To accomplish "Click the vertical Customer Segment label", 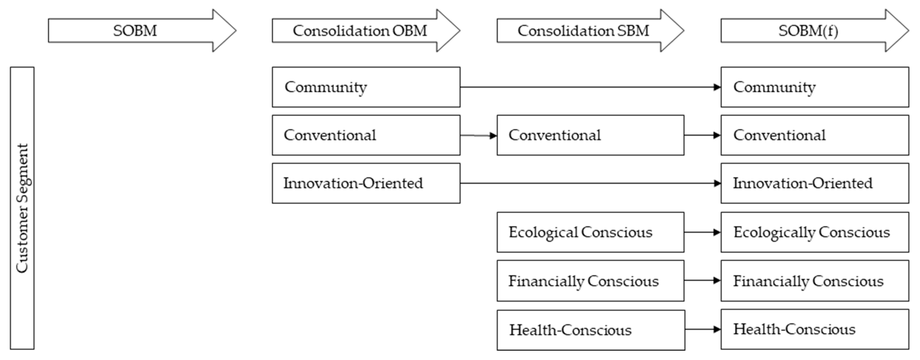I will pyautogui.click(x=22, y=208).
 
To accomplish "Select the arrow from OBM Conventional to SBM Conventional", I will pyautogui.click(x=478, y=135).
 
